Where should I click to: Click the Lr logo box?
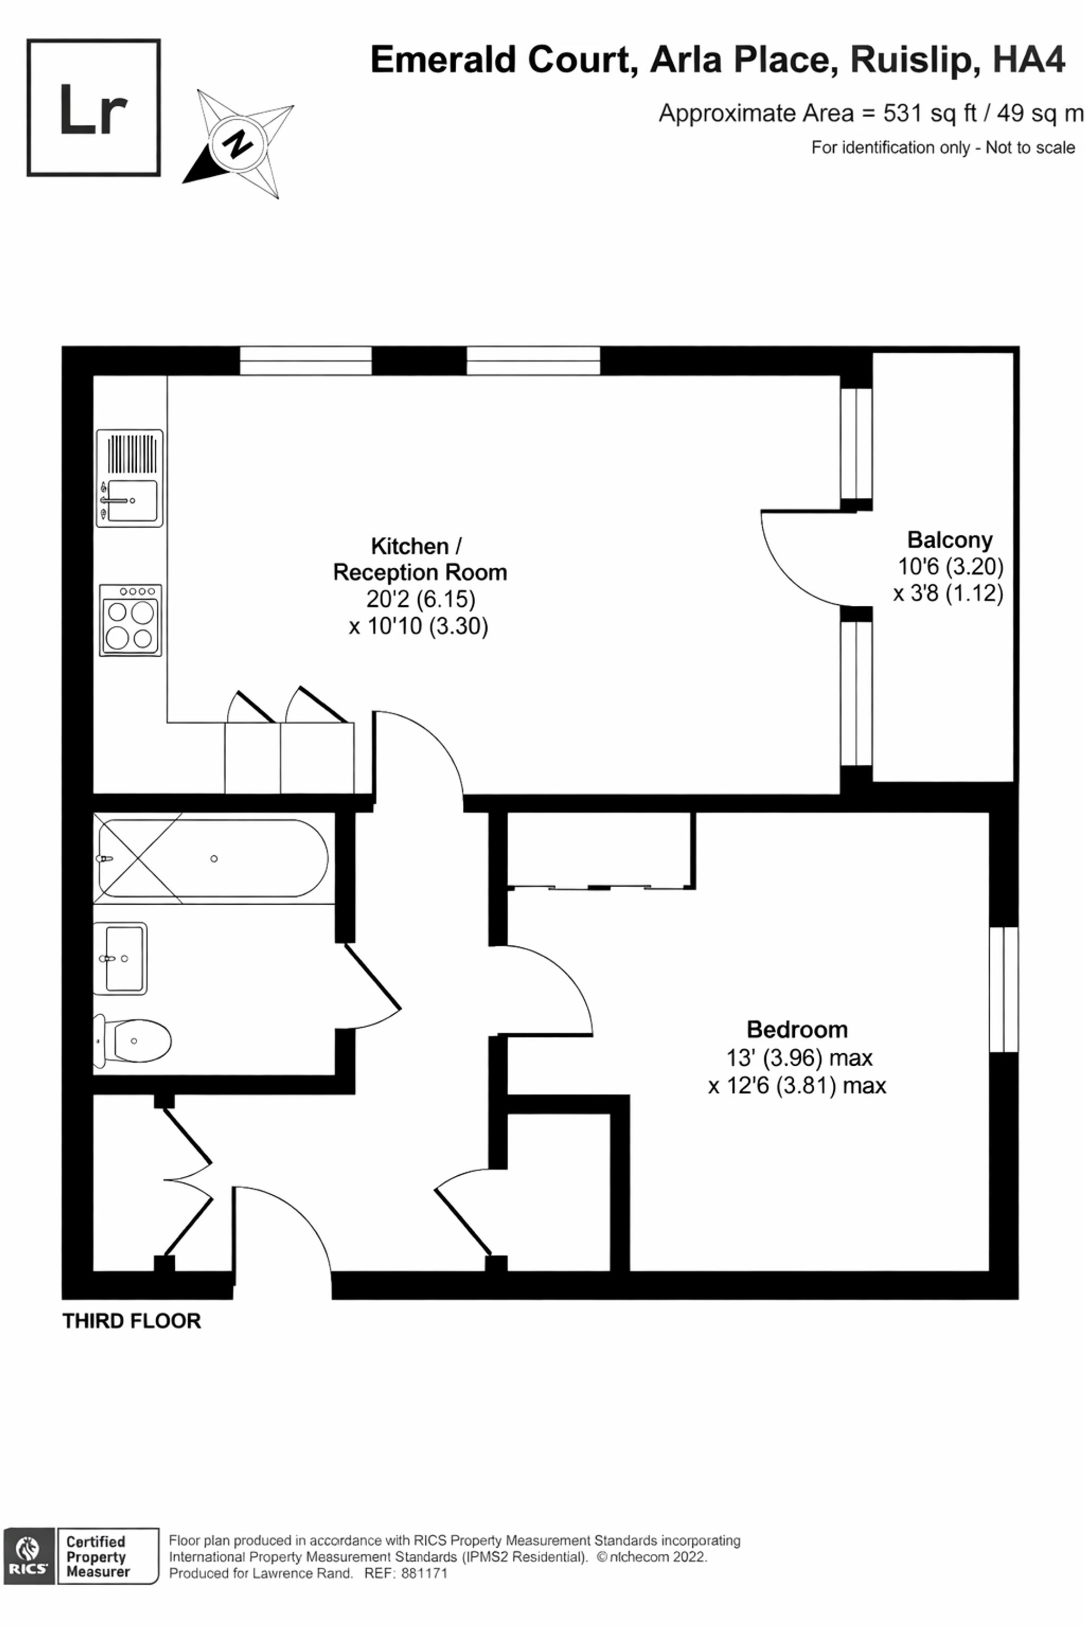point(93,107)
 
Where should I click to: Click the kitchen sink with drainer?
point(130,478)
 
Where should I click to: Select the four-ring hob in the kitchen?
point(130,620)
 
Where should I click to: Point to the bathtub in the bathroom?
point(213,859)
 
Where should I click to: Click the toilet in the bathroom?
point(132,1040)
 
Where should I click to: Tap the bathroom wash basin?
point(120,958)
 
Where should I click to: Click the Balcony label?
point(949,540)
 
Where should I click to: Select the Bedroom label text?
point(797,1029)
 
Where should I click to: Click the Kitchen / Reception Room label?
point(420,559)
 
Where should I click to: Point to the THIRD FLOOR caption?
point(131,1321)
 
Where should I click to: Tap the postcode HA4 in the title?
point(1029,60)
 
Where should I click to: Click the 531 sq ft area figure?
point(929,113)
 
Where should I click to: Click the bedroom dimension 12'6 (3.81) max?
point(797,1085)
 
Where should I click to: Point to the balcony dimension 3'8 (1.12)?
point(948,593)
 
